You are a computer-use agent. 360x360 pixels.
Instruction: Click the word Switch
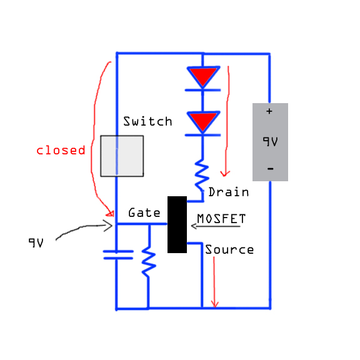tap(147, 121)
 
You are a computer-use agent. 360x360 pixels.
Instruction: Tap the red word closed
tap(61, 150)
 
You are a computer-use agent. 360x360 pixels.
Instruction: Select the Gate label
tap(144, 212)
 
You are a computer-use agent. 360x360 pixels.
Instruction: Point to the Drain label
tap(229, 192)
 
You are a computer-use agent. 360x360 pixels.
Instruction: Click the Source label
tap(229, 249)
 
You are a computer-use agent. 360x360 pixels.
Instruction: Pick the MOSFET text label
tap(221, 218)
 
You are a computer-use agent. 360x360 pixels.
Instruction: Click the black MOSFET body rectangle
tap(177, 224)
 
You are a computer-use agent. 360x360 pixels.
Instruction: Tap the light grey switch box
tap(122, 156)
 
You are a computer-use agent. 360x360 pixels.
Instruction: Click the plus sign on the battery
tap(269, 111)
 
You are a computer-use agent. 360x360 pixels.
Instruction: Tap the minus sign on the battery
tap(271, 169)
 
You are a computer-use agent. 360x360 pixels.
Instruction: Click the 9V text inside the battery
tap(270, 141)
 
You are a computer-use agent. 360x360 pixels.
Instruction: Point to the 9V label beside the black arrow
tap(36, 242)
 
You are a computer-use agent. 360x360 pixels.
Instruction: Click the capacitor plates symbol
tap(118, 255)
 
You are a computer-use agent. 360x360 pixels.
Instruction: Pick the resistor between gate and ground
tap(149, 262)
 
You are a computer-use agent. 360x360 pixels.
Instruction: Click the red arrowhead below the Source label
tap(214, 304)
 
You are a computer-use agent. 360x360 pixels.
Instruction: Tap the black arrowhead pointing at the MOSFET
tap(194, 226)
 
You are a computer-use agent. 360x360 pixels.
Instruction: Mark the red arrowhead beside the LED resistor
tap(225, 174)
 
